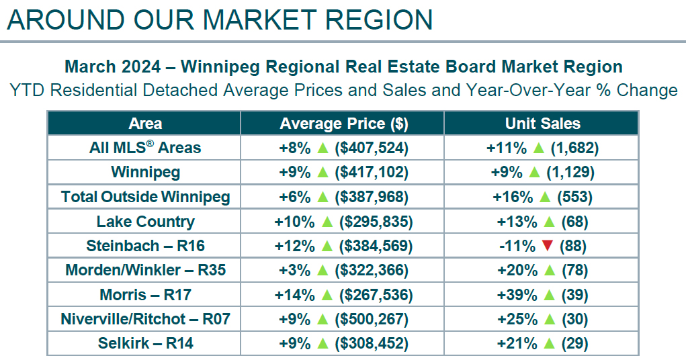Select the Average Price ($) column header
[343, 123]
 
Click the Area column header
[145, 123]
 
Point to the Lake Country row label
[145, 222]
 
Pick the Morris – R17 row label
[145, 295]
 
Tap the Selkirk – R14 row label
[145, 343]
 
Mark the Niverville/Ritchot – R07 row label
[145, 319]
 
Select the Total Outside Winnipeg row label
[145, 197]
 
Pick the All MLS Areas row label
[145, 148]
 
